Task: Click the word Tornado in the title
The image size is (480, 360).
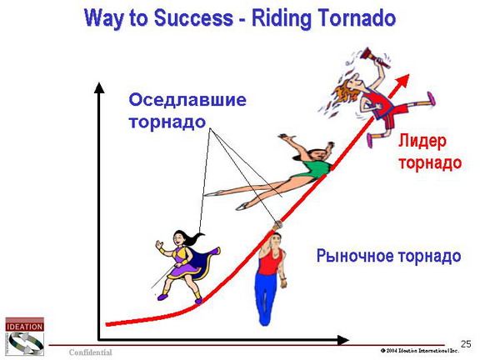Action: tap(357, 18)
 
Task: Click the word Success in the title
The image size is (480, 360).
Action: tap(193, 18)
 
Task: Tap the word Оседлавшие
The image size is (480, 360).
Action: tap(187, 100)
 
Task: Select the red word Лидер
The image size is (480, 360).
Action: tap(422, 142)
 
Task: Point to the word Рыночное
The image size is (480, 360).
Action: tap(354, 256)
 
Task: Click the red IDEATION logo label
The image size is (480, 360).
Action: tap(24, 327)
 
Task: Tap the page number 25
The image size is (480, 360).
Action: tap(466, 344)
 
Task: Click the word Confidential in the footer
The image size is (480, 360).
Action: tap(90, 352)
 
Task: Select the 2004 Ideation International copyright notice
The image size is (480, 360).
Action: tap(420, 351)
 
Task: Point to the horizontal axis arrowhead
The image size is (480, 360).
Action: tap(342, 340)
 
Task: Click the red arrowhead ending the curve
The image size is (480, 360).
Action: tap(402, 80)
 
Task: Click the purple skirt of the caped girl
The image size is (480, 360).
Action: tap(182, 268)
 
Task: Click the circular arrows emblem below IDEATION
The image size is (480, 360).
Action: tap(25, 343)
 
